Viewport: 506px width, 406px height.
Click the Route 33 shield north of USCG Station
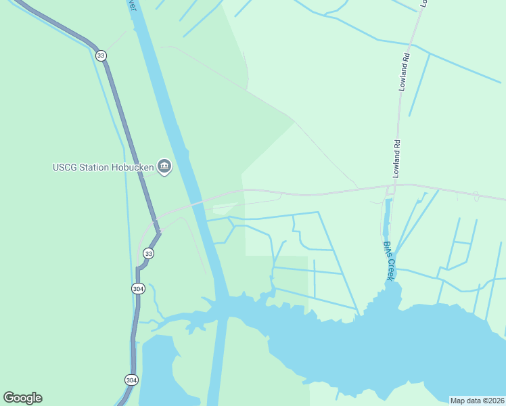coord(101,55)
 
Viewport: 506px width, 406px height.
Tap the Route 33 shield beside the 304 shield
coord(149,253)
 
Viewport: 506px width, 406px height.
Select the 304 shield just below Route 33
coord(138,288)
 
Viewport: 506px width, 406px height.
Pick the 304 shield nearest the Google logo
coord(131,380)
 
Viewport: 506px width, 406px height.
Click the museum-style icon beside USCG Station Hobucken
coord(164,166)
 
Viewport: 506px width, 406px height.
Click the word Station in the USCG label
coord(95,167)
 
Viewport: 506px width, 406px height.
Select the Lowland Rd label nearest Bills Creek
coord(398,156)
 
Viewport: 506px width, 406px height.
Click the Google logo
coord(22,398)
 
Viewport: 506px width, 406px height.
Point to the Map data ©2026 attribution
coord(477,401)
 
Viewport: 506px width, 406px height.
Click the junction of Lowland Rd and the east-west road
coord(394,184)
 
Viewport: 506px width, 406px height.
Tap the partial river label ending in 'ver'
coord(132,5)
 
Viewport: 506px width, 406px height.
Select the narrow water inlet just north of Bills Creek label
coord(388,217)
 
